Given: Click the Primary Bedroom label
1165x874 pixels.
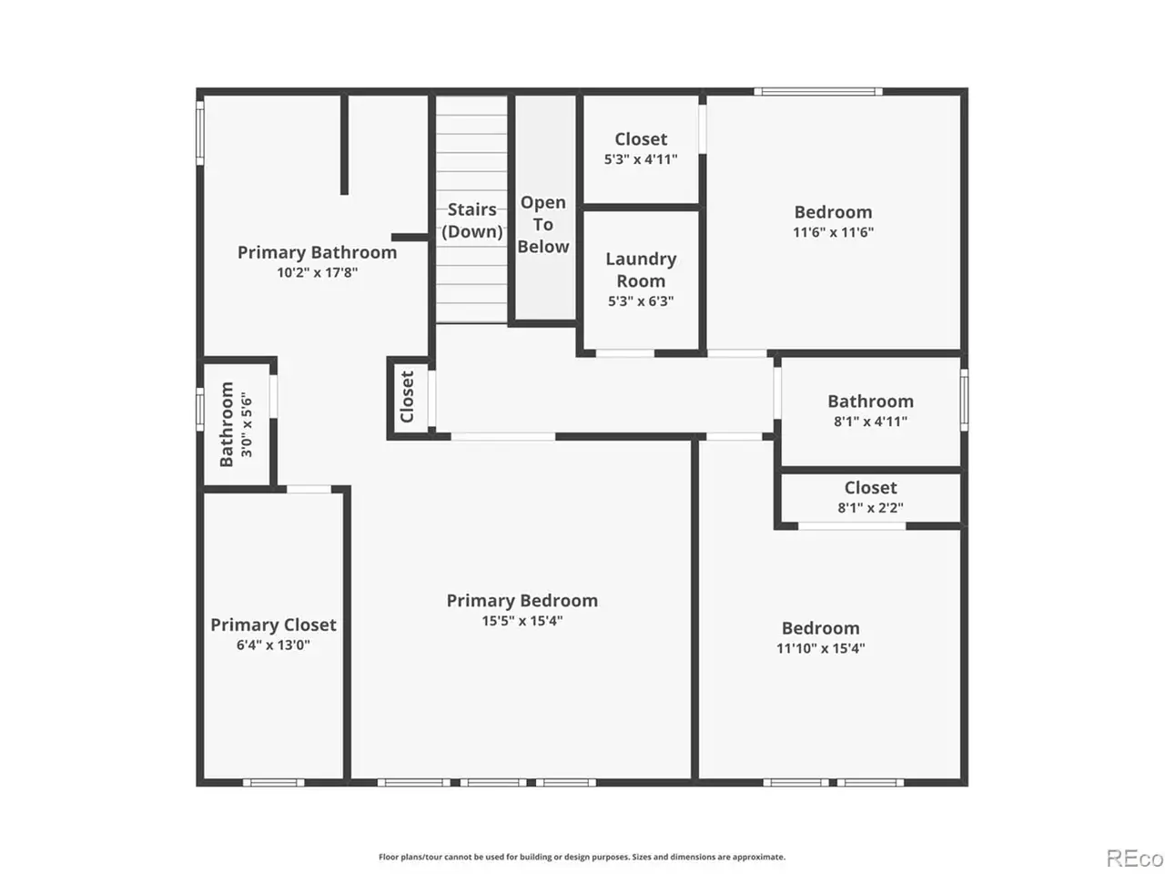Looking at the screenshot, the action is click(522, 601).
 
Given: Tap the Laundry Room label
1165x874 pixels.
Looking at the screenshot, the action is click(641, 269).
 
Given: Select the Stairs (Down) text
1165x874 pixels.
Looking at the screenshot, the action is click(471, 220).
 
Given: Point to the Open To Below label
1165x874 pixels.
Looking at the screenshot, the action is click(543, 225).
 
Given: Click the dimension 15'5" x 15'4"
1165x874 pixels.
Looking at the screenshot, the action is click(522, 621).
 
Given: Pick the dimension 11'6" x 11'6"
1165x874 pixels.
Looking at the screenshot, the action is click(834, 232).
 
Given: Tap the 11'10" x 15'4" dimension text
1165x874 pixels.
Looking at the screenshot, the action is click(821, 648).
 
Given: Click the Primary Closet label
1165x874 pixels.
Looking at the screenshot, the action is click(273, 625).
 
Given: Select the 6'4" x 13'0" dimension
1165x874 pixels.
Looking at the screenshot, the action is click(273, 645).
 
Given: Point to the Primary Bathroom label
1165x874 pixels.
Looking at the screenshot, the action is click(317, 252).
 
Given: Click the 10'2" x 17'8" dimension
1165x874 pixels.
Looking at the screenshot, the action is click(317, 273).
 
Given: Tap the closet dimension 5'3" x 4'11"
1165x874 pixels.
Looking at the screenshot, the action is click(641, 159).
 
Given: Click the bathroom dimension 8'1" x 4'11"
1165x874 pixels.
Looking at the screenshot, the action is click(870, 422).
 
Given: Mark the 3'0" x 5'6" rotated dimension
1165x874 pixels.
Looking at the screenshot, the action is click(247, 424).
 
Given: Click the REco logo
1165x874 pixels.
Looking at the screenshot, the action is click(1134, 859).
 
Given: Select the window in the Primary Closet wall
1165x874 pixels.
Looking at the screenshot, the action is click(273, 783).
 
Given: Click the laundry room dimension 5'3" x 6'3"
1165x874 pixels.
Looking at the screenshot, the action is click(641, 301).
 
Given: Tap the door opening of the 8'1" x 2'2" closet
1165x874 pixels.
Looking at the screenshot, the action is click(852, 526).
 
